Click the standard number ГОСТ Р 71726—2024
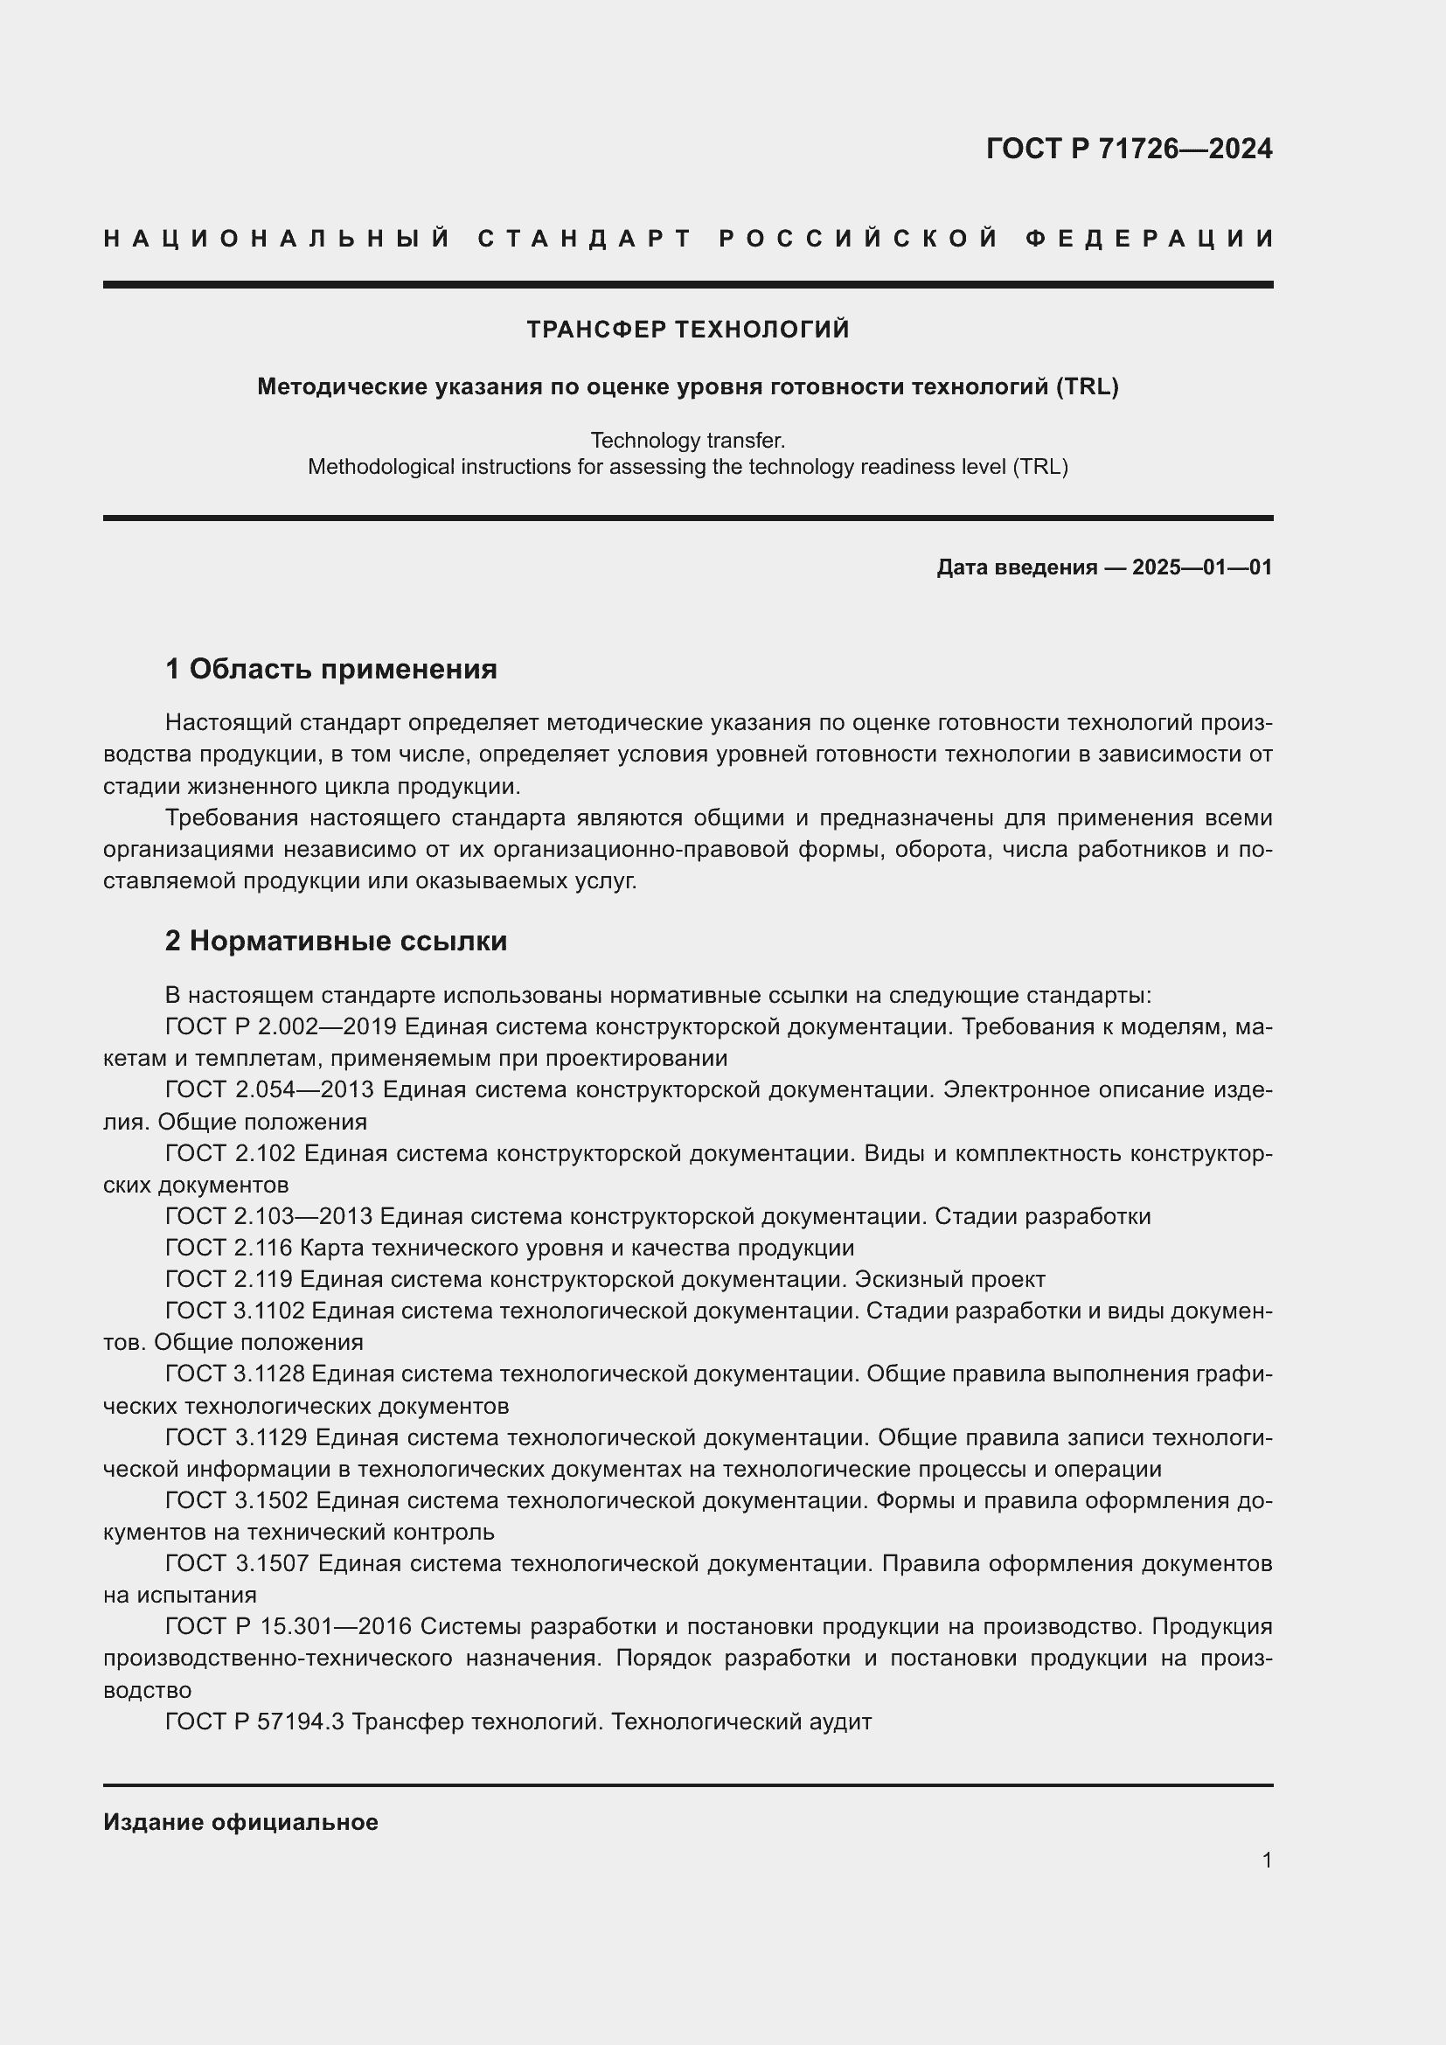[x=1128, y=149]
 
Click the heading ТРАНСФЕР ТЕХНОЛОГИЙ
[x=687, y=330]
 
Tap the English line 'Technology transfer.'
[x=687, y=440]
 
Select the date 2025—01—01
[x=1201, y=567]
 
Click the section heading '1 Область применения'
[x=330, y=668]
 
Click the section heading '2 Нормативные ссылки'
[x=336, y=941]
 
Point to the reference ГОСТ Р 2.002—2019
[x=281, y=1026]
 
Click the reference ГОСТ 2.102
[x=230, y=1152]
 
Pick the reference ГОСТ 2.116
[x=229, y=1247]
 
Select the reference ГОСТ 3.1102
[x=235, y=1311]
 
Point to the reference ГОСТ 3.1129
[x=236, y=1436]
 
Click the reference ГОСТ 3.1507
[x=237, y=1563]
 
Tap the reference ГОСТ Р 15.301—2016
[x=289, y=1626]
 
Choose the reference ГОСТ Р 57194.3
[x=254, y=1722]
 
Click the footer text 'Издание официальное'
[x=240, y=1822]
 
